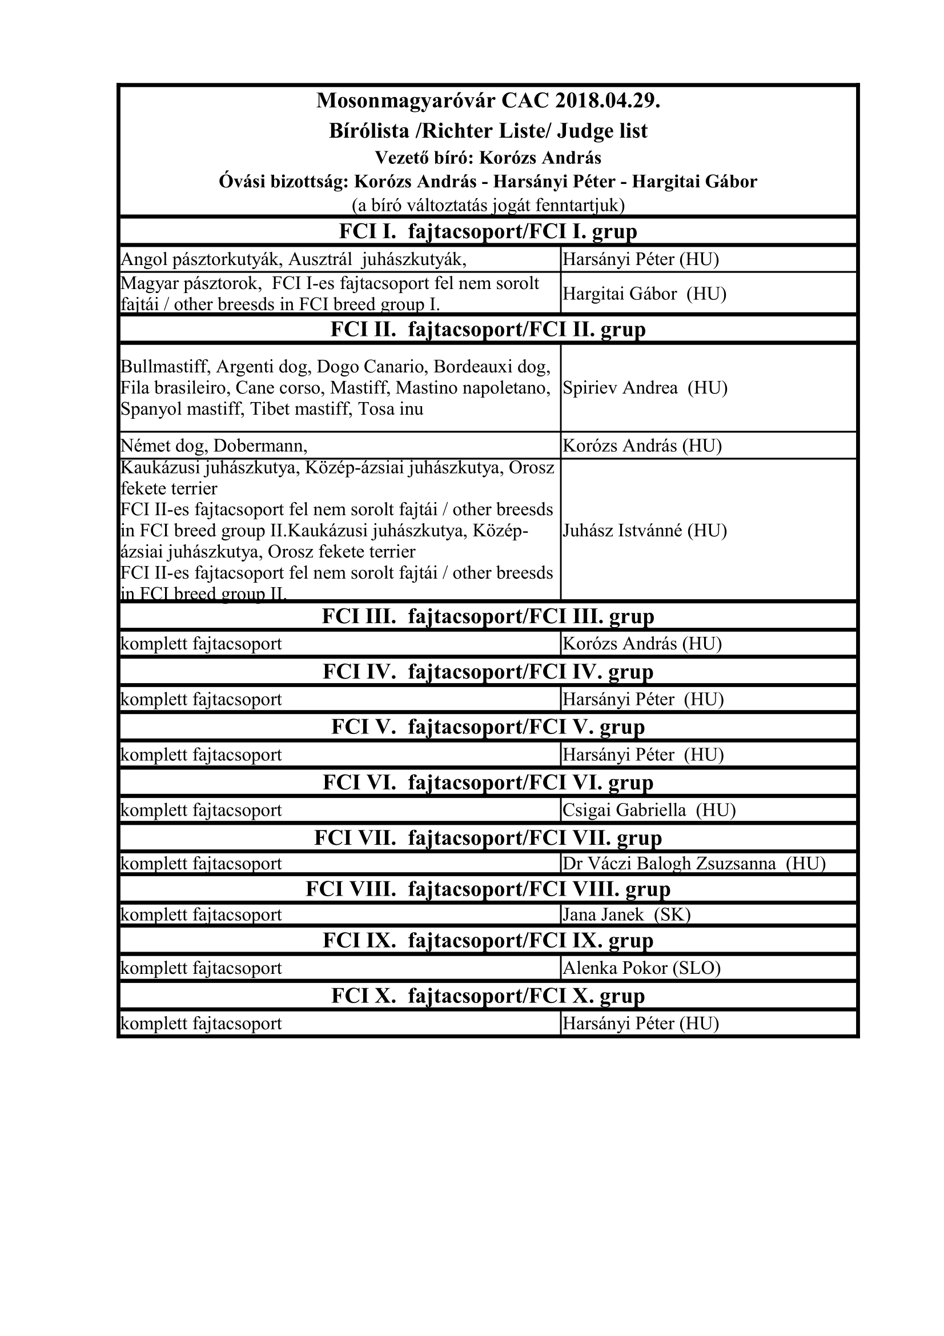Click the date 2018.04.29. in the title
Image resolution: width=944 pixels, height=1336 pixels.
coord(607,101)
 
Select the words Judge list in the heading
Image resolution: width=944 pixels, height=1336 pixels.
coord(602,131)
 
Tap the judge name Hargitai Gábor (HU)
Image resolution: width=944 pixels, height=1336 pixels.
coord(644,294)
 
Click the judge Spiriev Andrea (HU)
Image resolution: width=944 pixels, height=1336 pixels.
coord(645,388)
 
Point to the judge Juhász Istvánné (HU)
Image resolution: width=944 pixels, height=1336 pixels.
coord(644,531)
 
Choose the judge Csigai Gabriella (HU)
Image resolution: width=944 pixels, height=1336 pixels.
coord(649,810)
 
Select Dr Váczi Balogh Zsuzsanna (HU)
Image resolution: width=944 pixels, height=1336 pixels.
coord(694,864)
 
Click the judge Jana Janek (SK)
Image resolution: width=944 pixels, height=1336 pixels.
coord(626,914)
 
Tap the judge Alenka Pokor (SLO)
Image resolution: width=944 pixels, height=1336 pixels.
coord(641,968)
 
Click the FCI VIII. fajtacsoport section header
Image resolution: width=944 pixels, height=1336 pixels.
coord(488,889)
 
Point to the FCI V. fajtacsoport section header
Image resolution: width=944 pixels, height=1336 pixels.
coord(488,727)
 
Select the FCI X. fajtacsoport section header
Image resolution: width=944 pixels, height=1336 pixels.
coord(488,996)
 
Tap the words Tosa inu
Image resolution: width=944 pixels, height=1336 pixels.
coord(391,408)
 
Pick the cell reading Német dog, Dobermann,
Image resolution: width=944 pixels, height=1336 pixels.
coord(214,446)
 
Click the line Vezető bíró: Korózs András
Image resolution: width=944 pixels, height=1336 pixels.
coord(488,158)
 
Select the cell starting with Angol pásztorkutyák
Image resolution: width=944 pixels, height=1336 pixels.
coord(293,259)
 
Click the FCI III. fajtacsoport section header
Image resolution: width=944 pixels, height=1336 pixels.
coord(488,616)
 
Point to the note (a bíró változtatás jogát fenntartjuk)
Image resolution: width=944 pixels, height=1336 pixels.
coord(488,206)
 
